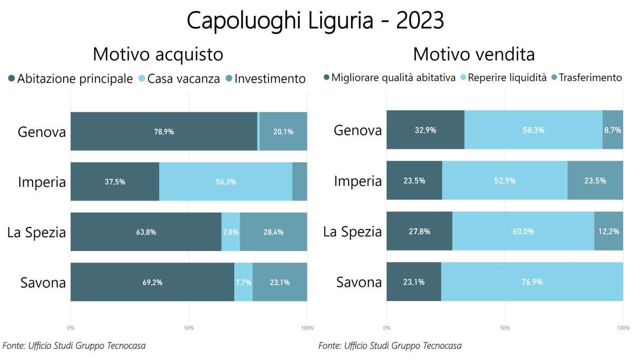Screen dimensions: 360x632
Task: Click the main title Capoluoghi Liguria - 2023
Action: (x=315, y=21)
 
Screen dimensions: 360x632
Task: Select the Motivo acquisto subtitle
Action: (x=158, y=54)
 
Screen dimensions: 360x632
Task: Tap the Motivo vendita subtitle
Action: (x=473, y=54)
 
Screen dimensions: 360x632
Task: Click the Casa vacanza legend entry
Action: (x=179, y=78)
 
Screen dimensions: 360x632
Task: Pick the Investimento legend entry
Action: (x=265, y=78)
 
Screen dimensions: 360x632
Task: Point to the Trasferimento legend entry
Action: (x=587, y=78)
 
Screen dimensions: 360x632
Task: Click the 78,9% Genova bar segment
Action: (x=164, y=132)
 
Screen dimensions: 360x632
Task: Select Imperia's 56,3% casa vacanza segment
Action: (x=225, y=182)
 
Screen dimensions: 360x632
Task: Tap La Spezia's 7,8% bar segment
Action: (x=231, y=232)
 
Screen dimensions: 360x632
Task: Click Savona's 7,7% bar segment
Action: (x=243, y=282)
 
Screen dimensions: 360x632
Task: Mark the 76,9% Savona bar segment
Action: (x=532, y=282)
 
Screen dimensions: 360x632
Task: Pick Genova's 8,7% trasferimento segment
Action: (x=613, y=130)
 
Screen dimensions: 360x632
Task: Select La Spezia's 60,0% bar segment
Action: (x=523, y=232)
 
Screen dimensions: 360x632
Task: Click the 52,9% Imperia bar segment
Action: (x=505, y=181)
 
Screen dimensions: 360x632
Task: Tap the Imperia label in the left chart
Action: (x=42, y=182)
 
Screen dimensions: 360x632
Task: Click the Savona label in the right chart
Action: (x=359, y=282)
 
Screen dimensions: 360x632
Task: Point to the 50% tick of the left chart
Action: (x=189, y=328)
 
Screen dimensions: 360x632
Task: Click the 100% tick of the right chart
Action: (x=623, y=328)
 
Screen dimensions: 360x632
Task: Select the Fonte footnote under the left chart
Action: (x=74, y=346)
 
